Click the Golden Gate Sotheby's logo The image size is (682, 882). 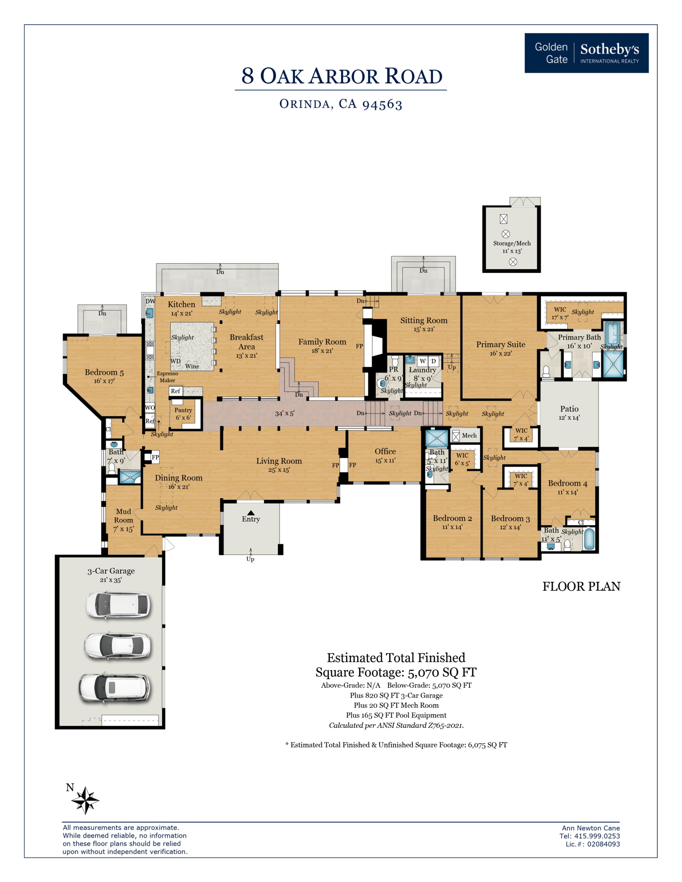click(587, 53)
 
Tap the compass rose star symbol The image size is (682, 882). click(85, 800)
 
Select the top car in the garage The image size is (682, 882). click(118, 605)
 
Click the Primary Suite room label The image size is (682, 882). click(500, 345)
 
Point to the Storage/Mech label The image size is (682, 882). click(512, 243)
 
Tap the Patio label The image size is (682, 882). click(569, 409)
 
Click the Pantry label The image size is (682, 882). click(183, 410)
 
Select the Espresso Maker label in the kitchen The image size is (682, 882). click(168, 377)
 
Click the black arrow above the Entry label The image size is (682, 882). click(251, 513)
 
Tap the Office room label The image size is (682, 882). click(385, 451)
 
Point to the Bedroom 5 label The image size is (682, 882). click(104, 373)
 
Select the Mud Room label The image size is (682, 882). click(124, 516)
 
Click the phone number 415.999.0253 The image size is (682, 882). click(597, 836)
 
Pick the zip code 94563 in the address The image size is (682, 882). click(382, 105)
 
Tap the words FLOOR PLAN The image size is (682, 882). click(581, 586)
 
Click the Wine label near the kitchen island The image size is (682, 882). click(192, 366)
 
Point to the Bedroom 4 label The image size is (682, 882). click(568, 483)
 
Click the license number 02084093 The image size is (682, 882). click(604, 844)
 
